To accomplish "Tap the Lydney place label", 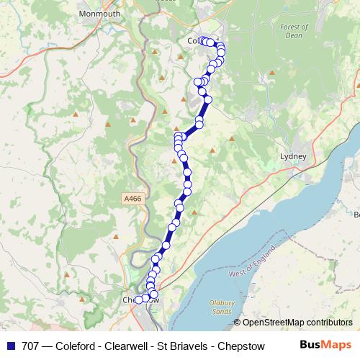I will click(294, 156).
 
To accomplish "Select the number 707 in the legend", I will click(32, 346).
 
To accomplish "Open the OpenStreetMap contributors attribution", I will click(297, 322).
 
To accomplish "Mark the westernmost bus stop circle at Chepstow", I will click(138, 300).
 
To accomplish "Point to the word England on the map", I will click(262, 260).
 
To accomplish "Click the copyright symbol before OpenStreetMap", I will click(238, 322).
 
